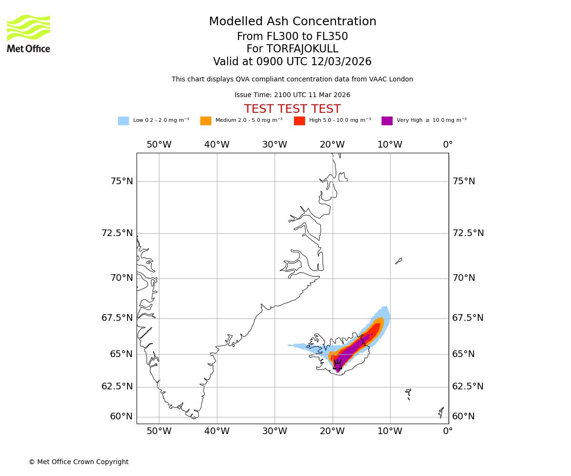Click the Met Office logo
click(x=29, y=33)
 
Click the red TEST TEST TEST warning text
click(x=292, y=109)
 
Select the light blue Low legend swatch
click(x=123, y=120)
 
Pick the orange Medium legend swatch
click(x=206, y=120)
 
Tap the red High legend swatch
click(x=299, y=120)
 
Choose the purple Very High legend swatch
click(x=387, y=120)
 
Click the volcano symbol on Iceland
click(x=337, y=366)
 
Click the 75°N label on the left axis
click(x=122, y=181)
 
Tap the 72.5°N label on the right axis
click(x=468, y=233)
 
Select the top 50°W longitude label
click(x=159, y=145)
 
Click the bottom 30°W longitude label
click(x=275, y=432)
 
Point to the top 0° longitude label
click(x=448, y=145)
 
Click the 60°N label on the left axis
click(x=122, y=416)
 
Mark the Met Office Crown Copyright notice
click(x=79, y=462)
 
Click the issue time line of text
click(x=292, y=95)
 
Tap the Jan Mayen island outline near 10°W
click(x=399, y=261)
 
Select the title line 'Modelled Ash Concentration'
click(x=292, y=21)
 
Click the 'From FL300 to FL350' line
click(x=292, y=37)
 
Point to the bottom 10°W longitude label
click(x=390, y=432)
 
